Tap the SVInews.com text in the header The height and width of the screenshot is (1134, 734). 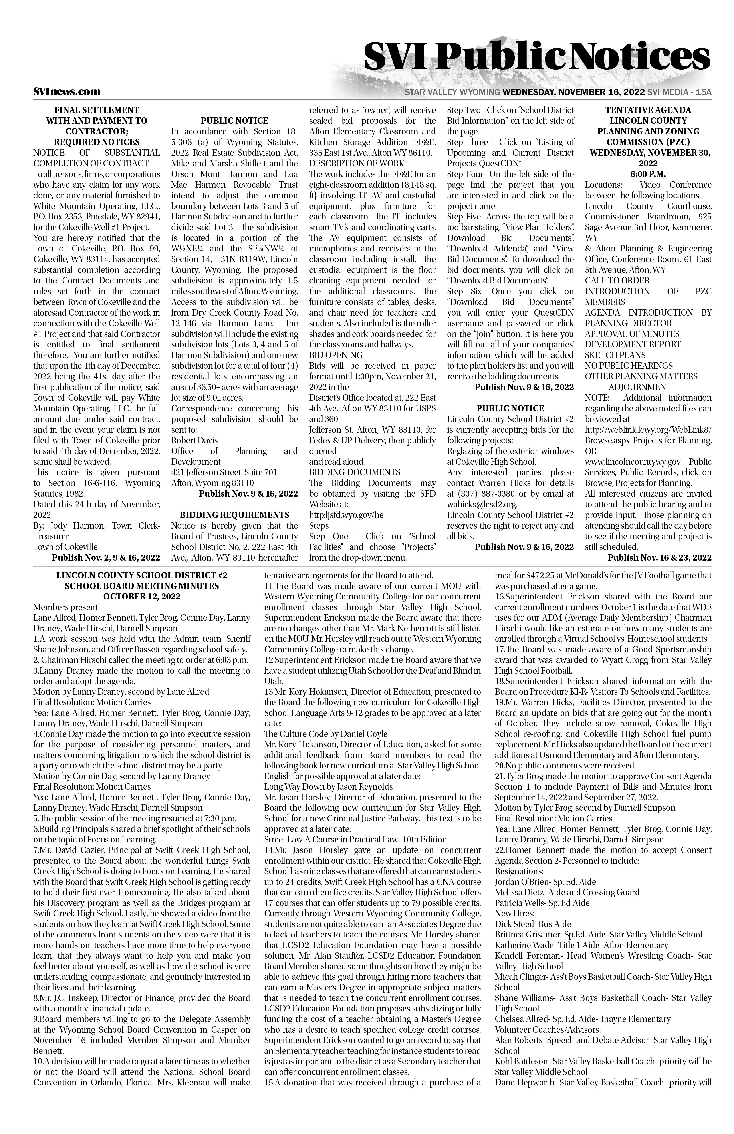[67, 91]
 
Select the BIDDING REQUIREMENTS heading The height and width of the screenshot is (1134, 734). [234, 515]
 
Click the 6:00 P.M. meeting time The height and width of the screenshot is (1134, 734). [648, 174]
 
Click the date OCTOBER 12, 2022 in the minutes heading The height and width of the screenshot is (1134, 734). [141, 597]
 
